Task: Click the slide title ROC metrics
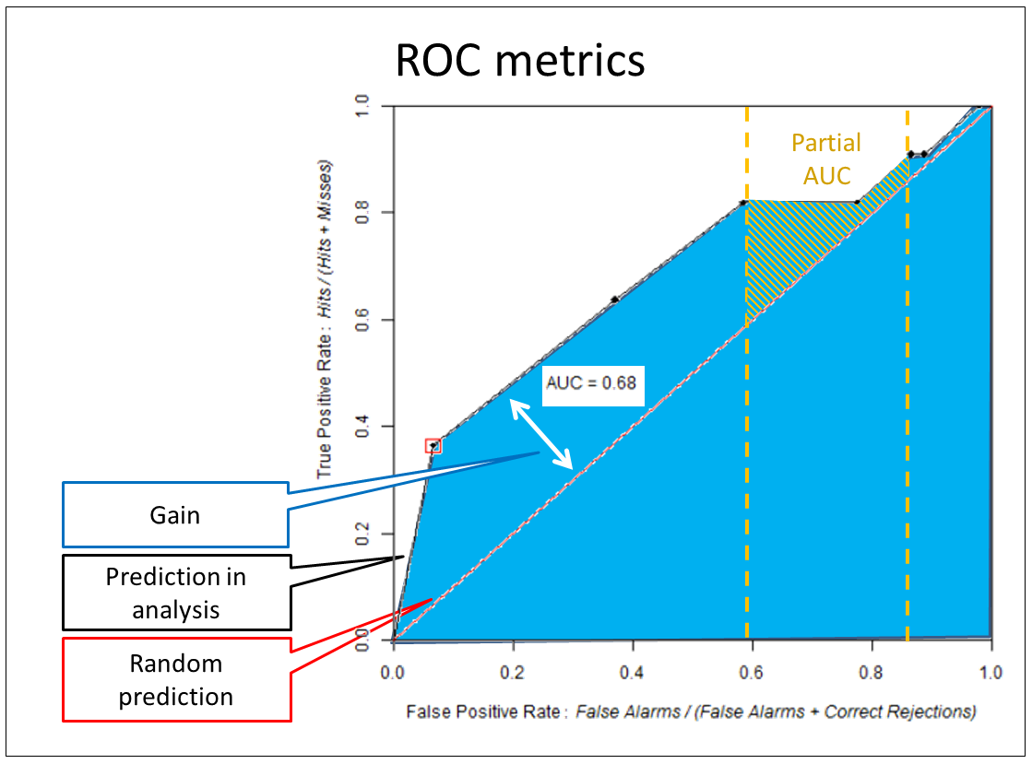coord(519,61)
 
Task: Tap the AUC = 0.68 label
coord(591,382)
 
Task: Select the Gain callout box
coord(175,514)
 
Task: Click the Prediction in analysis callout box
coord(176,594)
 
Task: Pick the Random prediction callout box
coord(176,679)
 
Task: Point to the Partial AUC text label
coord(825,159)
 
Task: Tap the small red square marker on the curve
coord(433,446)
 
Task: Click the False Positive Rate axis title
coord(691,711)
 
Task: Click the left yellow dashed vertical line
coord(746,415)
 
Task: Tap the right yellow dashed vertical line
coord(907,415)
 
